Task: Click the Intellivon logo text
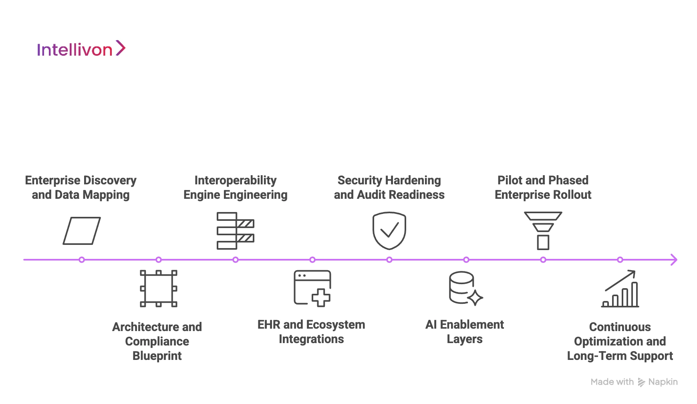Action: (x=75, y=50)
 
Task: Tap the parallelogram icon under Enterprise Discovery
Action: (x=82, y=231)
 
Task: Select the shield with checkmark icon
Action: (x=389, y=230)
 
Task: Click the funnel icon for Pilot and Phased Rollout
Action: (x=543, y=230)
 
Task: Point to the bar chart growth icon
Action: (x=620, y=289)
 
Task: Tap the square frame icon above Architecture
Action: (x=159, y=289)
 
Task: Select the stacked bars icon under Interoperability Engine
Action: (x=235, y=231)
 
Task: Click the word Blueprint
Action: (x=157, y=356)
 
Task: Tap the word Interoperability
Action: (x=236, y=180)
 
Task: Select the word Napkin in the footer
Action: (x=663, y=382)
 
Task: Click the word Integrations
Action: (x=311, y=339)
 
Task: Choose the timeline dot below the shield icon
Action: (x=389, y=260)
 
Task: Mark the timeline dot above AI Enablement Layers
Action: (x=466, y=260)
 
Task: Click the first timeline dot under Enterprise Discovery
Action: (x=82, y=260)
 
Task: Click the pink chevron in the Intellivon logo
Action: (x=121, y=48)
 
